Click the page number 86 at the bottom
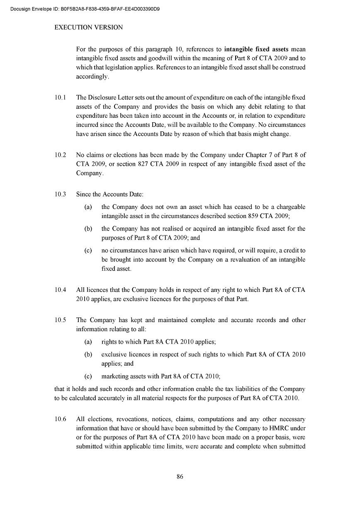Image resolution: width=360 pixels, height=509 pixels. tap(180, 476)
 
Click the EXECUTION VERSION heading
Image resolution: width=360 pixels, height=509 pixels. tap(89, 27)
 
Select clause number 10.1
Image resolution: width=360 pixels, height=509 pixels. tap(60, 97)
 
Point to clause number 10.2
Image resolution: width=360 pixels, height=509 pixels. tap(60, 155)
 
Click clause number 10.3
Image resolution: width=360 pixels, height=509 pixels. tap(60, 194)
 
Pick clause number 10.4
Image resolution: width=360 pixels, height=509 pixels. tap(60, 290)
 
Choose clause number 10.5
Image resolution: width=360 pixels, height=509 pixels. tap(60, 320)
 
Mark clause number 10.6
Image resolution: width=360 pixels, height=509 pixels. tap(60, 419)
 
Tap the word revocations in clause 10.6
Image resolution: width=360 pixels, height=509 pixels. tap(126, 419)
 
